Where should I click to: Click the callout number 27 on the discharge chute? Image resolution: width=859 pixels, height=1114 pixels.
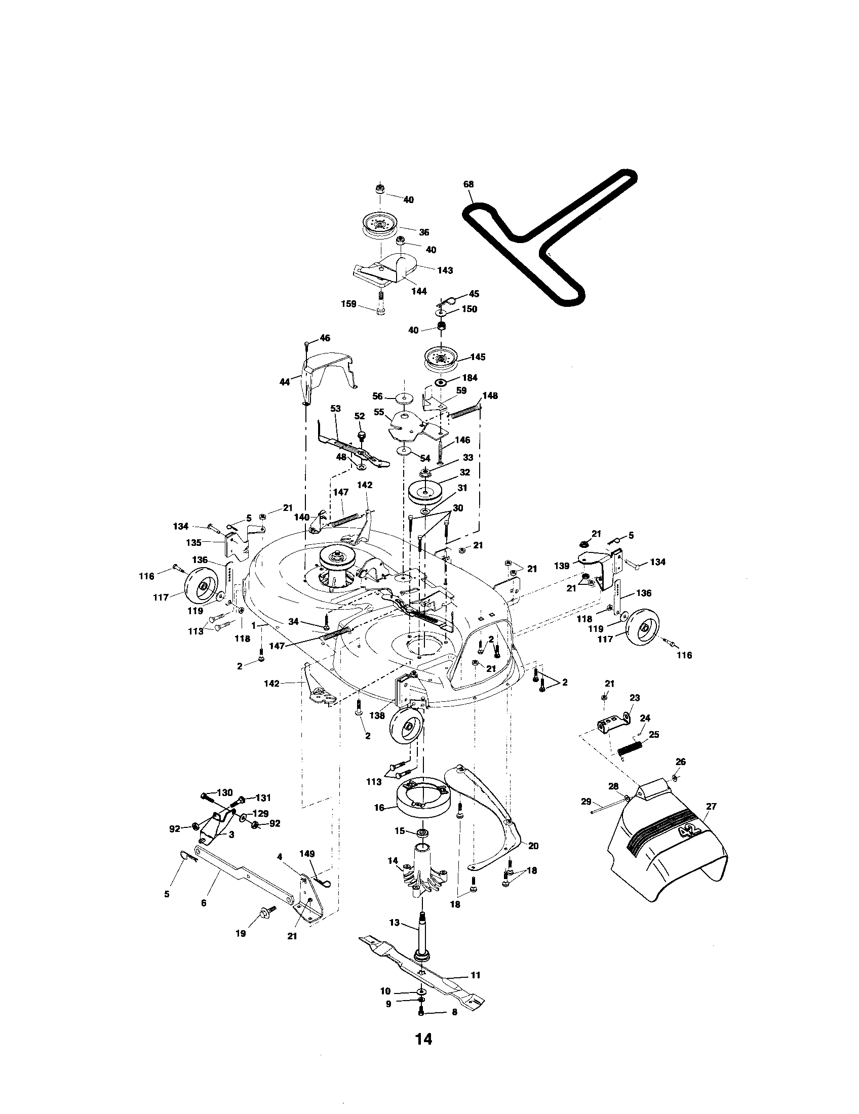pyautogui.click(x=711, y=807)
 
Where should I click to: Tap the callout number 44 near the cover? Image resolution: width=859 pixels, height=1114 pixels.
pyautogui.click(x=285, y=381)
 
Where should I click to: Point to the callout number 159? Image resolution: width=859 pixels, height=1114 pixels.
pyautogui.click(x=348, y=304)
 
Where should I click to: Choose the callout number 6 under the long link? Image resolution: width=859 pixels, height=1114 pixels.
pyautogui.click(x=204, y=903)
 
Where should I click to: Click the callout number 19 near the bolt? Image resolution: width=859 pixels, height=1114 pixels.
pyautogui.click(x=240, y=933)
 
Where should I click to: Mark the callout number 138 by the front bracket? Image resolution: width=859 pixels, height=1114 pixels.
pyautogui.click(x=377, y=715)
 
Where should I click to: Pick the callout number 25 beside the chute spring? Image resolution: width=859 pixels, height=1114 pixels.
pyautogui.click(x=654, y=735)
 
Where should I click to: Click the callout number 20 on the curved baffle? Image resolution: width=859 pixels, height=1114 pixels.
pyautogui.click(x=533, y=846)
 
